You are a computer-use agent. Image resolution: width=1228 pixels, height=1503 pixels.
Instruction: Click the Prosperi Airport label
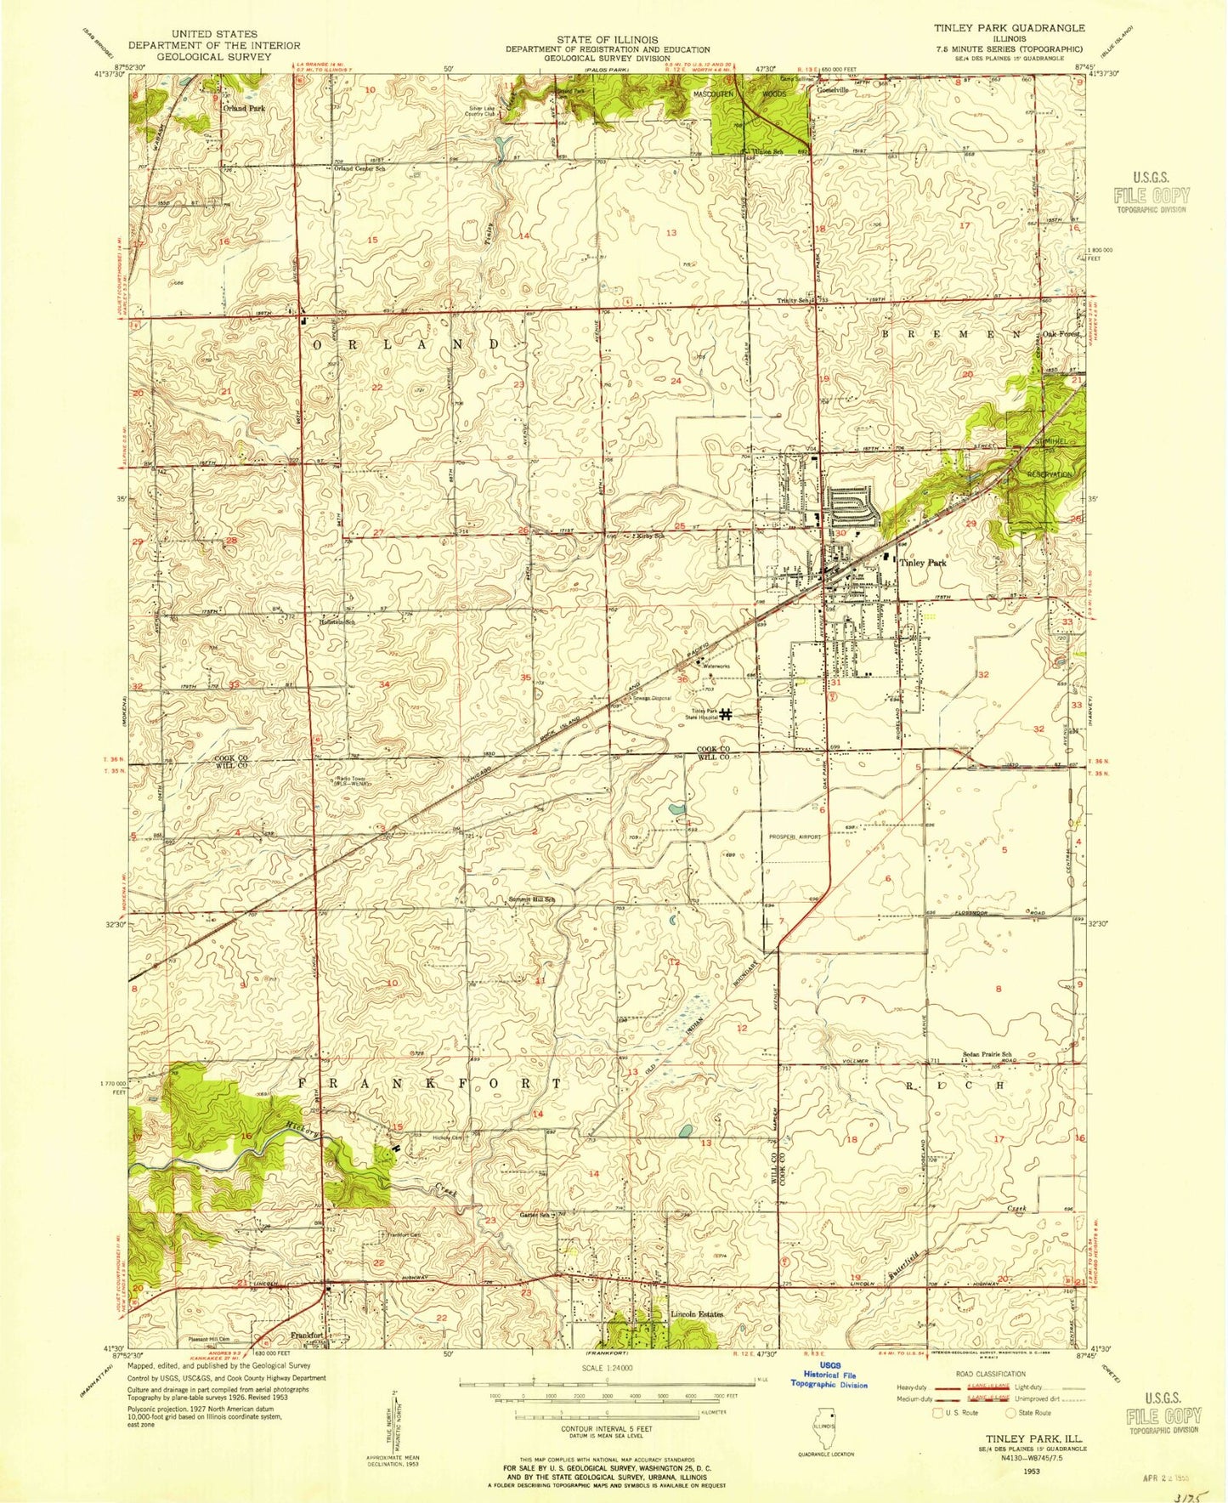792,837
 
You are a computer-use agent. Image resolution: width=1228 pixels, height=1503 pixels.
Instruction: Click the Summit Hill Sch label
531,899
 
